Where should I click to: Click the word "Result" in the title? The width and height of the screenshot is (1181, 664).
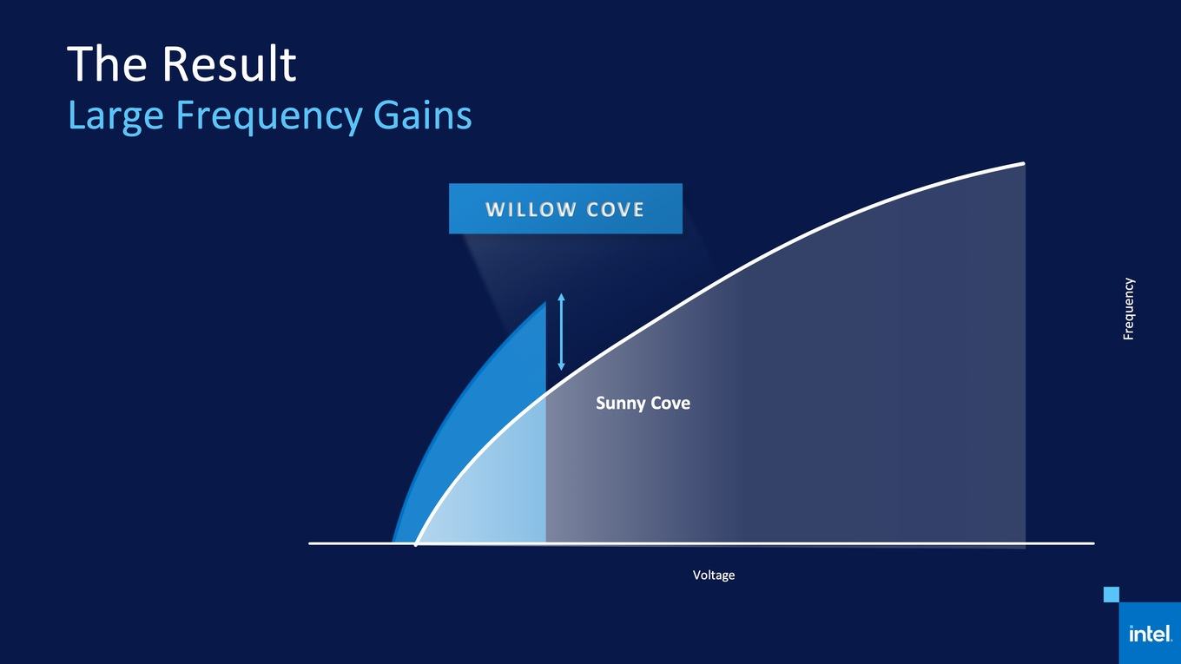click(x=229, y=63)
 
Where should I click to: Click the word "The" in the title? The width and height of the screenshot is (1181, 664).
click(x=107, y=63)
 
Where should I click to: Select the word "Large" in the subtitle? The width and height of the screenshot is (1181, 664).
click(x=115, y=116)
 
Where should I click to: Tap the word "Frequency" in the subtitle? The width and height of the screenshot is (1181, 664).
click(x=268, y=116)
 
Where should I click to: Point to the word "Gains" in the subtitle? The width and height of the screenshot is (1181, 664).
click(x=422, y=115)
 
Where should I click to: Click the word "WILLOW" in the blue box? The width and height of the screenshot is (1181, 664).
click(x=530, y=209)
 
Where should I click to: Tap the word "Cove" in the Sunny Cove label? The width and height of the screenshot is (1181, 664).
click(x=670, y=403)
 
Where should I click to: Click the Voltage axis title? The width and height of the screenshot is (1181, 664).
click(x=713, y=575)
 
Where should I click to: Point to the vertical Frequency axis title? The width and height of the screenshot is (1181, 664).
click(x=1128, y=309)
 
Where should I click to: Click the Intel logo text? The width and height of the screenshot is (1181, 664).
click(x=1150, y=634)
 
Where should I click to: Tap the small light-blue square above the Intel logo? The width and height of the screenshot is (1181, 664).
click(x=1111, y=595)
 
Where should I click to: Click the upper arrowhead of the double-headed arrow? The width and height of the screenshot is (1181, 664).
click(x=561, y=297)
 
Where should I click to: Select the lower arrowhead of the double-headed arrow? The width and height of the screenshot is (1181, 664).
click(x=561, y=366)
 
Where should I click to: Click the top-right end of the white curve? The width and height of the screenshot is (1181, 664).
click(x=1023, y=163)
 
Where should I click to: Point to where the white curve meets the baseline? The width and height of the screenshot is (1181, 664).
click(x=416, y=543)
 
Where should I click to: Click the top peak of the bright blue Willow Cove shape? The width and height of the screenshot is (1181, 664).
click(x=544, y=302)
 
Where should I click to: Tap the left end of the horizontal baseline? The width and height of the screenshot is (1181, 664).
click(x=310, y=543)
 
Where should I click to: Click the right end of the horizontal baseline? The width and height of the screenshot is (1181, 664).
click(x=1093, y=543)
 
